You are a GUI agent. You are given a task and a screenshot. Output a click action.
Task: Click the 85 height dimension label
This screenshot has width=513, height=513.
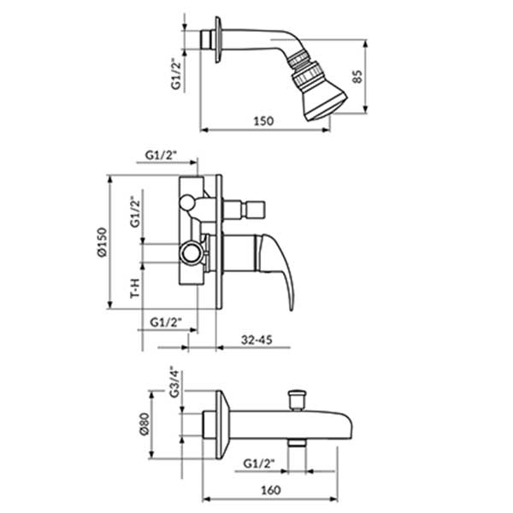tap(358, 77)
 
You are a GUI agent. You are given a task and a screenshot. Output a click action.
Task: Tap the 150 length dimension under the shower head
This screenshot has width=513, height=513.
tap(263, 121)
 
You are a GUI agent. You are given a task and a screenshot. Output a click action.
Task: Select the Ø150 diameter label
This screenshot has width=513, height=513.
tap(103, 242)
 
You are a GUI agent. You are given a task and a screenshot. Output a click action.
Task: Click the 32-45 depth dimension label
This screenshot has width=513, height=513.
tap(256, 340)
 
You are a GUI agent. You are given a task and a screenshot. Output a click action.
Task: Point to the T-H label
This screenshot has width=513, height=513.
tap(135, 288)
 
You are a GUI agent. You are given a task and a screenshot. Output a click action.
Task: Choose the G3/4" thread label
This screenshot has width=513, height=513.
tap(174, 384)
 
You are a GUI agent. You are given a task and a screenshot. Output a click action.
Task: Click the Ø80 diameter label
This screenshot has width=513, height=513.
tap(144, 424)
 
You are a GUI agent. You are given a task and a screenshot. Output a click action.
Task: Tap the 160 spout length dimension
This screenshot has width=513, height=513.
tap(271, 490)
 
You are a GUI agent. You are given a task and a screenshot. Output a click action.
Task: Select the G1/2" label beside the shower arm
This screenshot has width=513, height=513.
tap(176, 74)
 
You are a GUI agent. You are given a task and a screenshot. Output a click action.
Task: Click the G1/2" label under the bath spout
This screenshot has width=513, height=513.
tap(259, 463)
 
